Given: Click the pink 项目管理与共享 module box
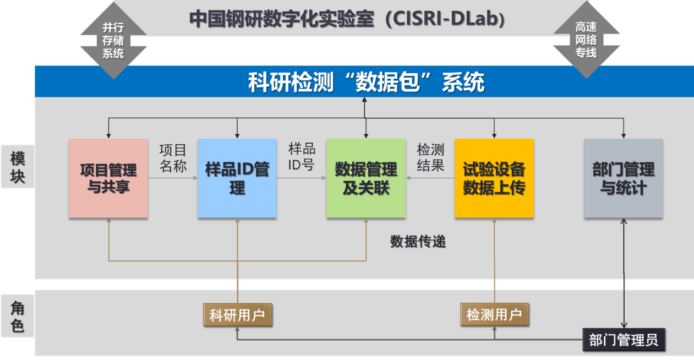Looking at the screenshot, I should [x=108, y=178].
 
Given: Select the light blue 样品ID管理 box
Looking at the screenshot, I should [x=237, y=178].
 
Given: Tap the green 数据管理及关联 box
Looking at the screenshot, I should [x=366, y=178].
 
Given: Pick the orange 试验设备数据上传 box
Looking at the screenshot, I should [x=494, y=178].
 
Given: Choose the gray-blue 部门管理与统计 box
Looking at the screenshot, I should [x=623, y=178].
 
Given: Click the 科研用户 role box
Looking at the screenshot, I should [x=237, y=315].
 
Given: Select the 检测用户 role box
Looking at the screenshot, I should [x=494, y=315].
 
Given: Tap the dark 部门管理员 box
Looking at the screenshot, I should [x=624, y=340].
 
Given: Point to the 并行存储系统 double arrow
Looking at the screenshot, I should [x=113, y=40].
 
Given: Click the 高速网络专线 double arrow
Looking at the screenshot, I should [x=586, y=40].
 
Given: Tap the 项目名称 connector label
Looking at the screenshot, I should [x=173, y=158].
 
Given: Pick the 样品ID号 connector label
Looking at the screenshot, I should [x=302, y=156].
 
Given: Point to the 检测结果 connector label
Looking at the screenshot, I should [x=430, y=158].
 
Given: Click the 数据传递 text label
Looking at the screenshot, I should [x=418, y=241].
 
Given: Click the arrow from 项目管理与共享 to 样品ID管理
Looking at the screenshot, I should [x=173, y=178].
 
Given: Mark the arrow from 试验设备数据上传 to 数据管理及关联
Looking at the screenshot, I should [x=430, y=178].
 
